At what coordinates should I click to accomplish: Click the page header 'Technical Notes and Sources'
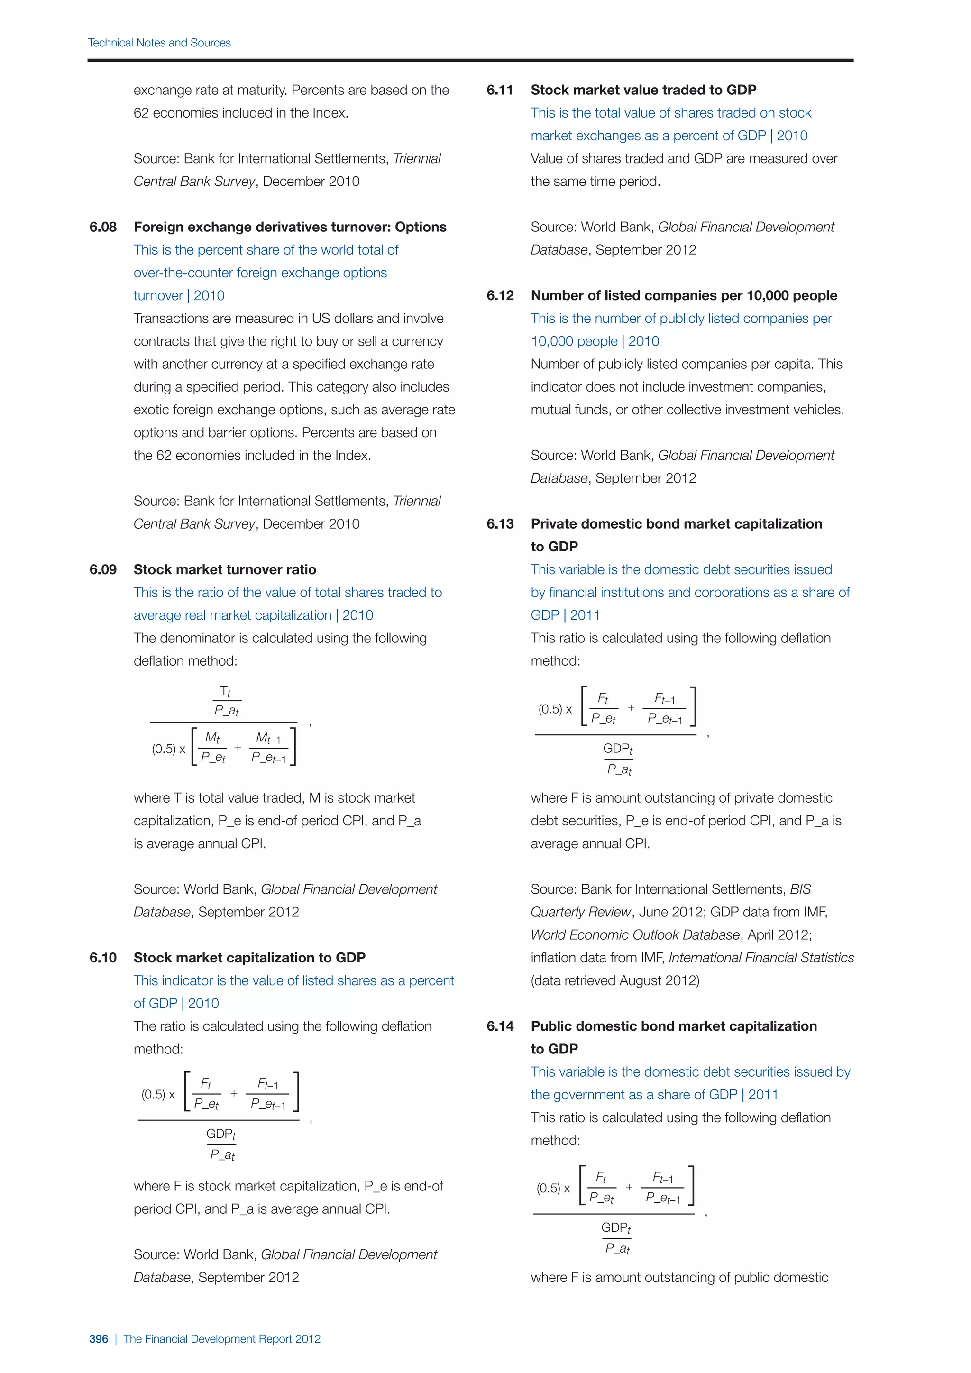(159, 43)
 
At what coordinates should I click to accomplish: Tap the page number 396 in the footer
(99, 1339)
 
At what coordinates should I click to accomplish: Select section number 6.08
(103, 227)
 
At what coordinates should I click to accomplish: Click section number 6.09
(103, 569)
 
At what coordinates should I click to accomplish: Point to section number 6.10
(103, 957)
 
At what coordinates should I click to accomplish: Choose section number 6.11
(500, 90)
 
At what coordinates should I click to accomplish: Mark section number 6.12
(500, 295)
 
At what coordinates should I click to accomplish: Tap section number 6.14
(500, 1026)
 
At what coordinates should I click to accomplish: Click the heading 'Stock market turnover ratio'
(225, 569)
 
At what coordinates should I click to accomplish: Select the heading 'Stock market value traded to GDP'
(643, 90)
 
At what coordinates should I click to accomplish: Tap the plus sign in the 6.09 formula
(238, 748)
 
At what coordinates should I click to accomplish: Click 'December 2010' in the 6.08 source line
(311, 524)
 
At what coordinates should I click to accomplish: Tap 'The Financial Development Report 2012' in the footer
(222, 1339)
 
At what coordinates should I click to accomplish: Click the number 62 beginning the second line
(141, 113)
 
